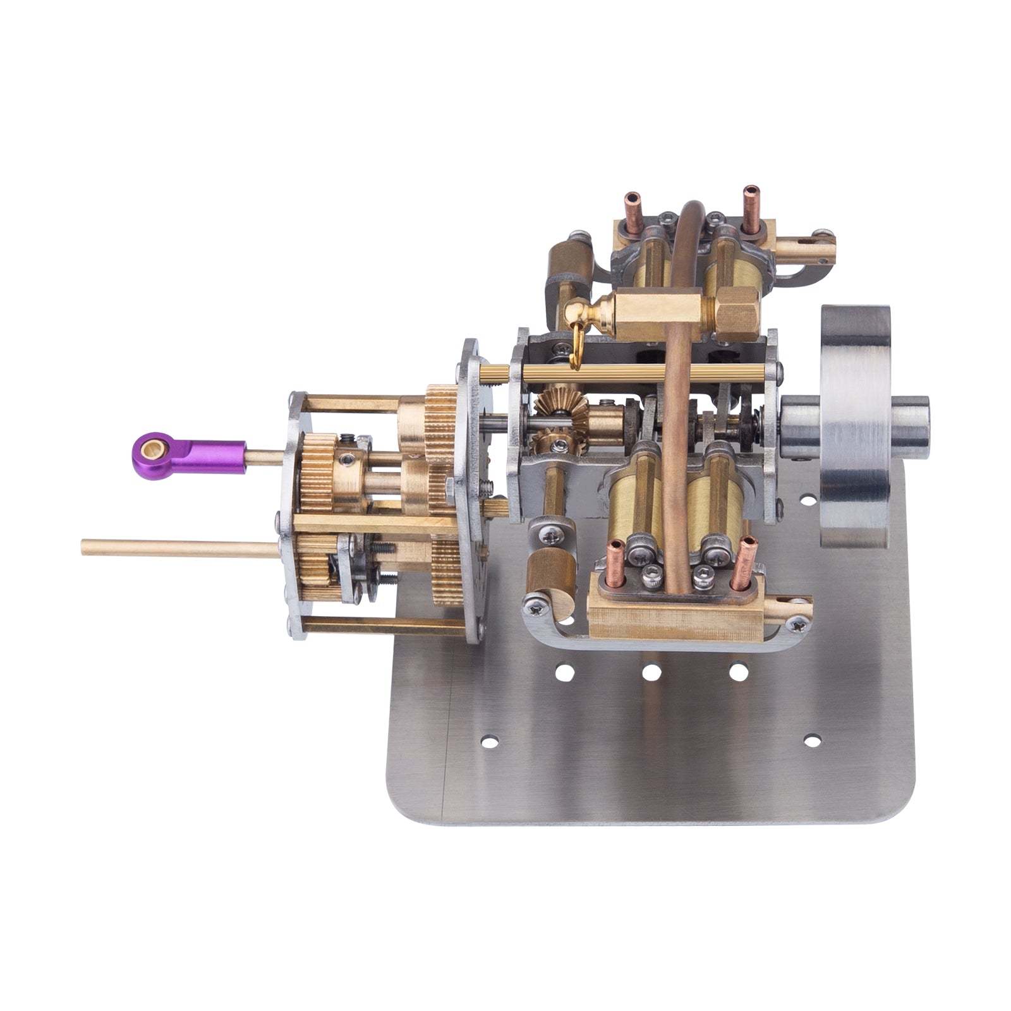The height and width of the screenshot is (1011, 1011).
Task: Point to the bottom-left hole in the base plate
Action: [488, 740]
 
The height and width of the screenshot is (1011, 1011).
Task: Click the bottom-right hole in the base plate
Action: [813, 739]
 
